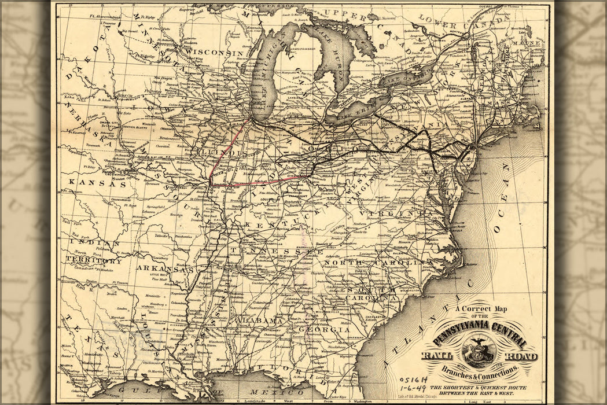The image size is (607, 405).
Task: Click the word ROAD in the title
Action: click(521, 356)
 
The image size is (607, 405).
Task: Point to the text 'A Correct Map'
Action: click(480, 310)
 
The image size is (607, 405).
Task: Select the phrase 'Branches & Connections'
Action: click(479, 369)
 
